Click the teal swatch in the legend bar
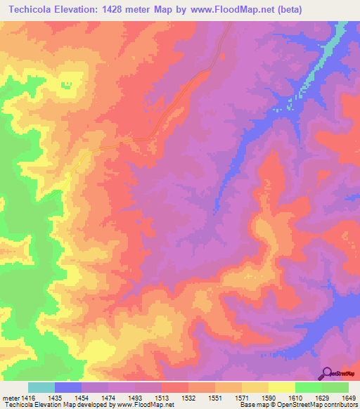click(41, 387)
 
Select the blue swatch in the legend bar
click(68, 387)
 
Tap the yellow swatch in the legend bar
click(281, 387)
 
